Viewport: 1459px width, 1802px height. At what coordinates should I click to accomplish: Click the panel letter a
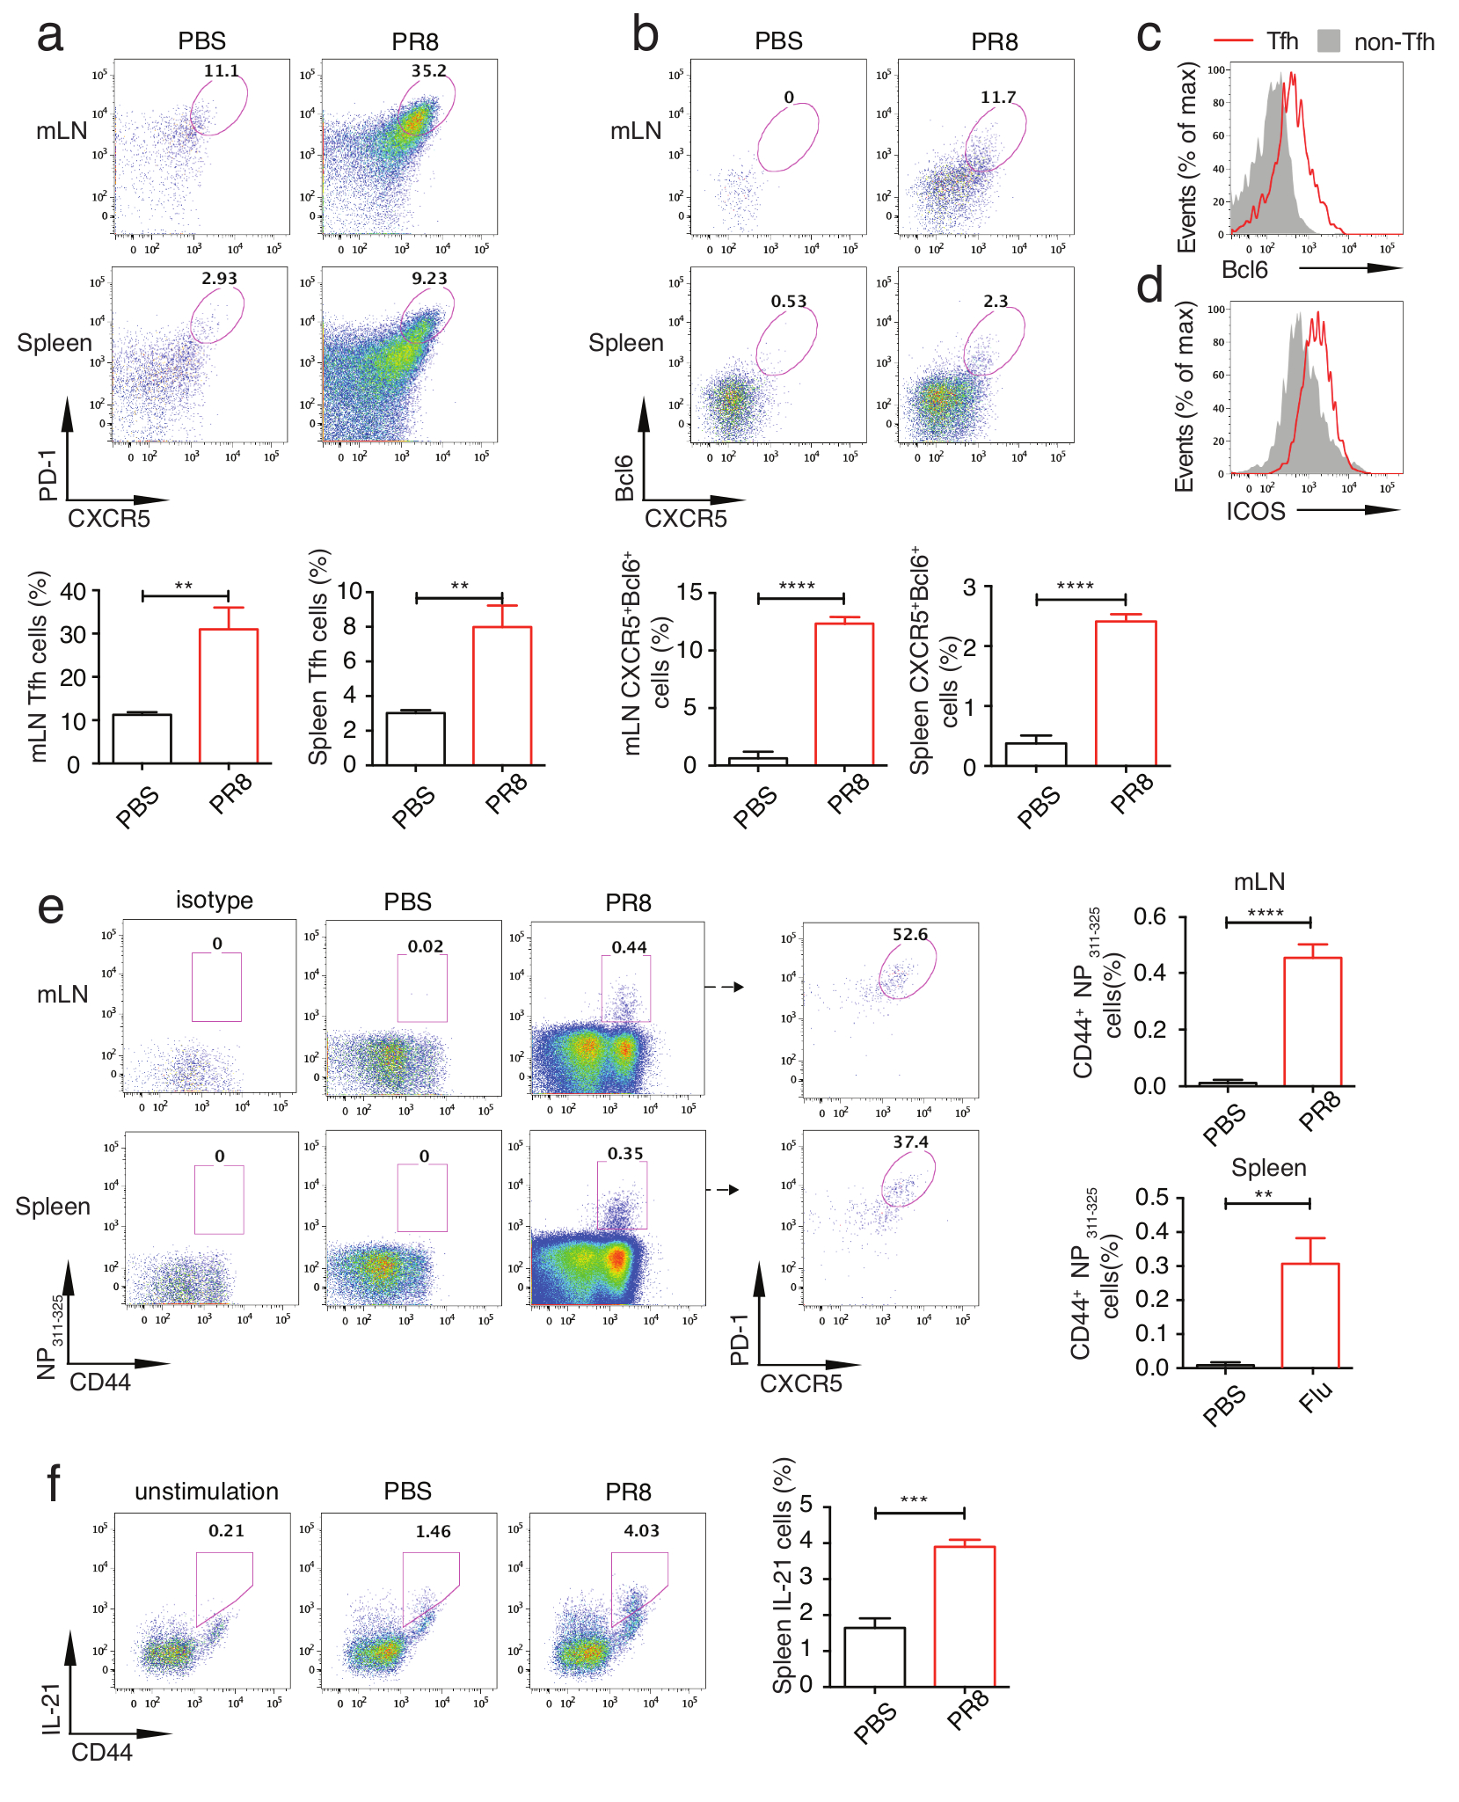click(50, 37)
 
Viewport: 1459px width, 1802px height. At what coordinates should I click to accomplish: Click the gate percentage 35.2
click(428, 71)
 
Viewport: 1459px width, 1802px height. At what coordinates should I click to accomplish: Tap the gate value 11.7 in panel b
click(997, 98)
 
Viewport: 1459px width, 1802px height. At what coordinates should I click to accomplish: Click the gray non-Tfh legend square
click(1328, 40)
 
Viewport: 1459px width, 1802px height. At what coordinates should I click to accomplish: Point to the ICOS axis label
click(1255, 511)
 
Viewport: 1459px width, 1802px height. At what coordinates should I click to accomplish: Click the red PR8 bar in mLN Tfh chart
click(229, 695)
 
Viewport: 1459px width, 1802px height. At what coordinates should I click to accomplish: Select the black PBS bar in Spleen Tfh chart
click(415, 738)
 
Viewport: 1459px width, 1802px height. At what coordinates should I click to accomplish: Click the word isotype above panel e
click(214, 901)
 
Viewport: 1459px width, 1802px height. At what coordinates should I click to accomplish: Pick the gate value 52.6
click(909, 935)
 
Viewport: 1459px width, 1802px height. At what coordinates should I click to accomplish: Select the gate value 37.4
click(910, 1142)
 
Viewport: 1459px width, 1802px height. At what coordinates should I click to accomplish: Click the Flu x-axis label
click(1316, 1396)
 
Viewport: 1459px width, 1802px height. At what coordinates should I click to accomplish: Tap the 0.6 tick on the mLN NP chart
click(1149, 916)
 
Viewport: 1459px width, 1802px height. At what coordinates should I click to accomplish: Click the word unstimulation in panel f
click(206, 1492)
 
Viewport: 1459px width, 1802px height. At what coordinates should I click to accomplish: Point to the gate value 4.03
click(641, 1531)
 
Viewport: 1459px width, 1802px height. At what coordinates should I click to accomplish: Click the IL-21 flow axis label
click(51, 1708)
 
